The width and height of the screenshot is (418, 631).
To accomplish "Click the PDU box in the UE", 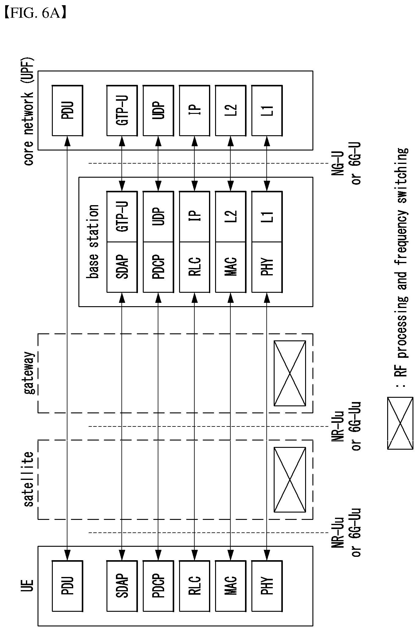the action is pyautogui.click(x=67, y=586).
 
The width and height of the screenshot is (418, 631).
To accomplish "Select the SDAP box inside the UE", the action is pyautogui.click(x=122, y=586).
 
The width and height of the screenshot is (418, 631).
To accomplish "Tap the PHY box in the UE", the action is pyautogui.click(x=267, y=586).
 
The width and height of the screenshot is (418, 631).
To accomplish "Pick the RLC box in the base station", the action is pyautogui.click(x=194, y=267).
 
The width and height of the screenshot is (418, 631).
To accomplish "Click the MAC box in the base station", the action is pyautogui.click(x=231, y=267).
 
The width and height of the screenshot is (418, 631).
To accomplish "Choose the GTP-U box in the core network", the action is pyautogui.click(x=122, y=111).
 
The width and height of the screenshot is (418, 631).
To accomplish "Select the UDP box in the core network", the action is pyautogui.click(x=158, y=111).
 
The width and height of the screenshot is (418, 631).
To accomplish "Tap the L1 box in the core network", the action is pyautogui.click(x=267, y=111).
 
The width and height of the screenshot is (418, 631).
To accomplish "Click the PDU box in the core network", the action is pyautogui.click(x=67, y=111).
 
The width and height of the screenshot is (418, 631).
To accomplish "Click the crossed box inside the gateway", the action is pyautogui.click(x=290, y=373).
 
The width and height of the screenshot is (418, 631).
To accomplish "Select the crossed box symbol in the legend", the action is pyautogui.click(x=400, y=423).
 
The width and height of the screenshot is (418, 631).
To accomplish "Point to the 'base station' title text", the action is pyautogui.click(x=92, y=241).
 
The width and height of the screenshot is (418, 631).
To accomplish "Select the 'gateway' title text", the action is pyautogui.click(x=30, y=373).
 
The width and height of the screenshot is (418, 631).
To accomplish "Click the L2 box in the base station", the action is pyautogui.click(x=231, y=217).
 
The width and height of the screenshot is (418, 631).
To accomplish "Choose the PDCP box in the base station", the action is pyautogui.click(x=158, y=267).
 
